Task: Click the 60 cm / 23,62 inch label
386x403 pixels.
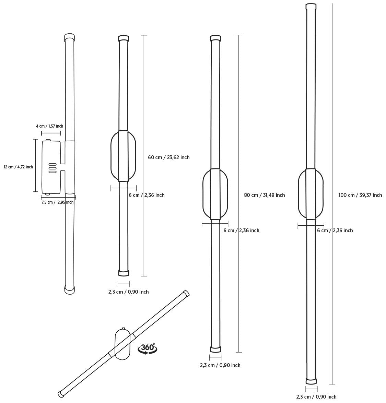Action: (168, 157)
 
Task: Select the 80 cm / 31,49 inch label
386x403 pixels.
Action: (264, 195)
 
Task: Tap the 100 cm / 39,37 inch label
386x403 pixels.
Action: (360, 195)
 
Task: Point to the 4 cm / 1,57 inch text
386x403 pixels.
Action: (49, 126)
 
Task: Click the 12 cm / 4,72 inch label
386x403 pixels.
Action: (18, 167)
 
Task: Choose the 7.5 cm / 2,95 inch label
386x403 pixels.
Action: (57, 202)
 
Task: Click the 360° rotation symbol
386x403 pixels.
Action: (148, 348)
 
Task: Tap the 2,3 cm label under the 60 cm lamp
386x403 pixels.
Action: (128, 292)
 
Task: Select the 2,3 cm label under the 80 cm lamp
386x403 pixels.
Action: (220, 365)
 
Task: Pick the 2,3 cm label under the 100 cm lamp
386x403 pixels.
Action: (316, 397)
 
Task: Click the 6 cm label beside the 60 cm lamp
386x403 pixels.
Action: (147, 195)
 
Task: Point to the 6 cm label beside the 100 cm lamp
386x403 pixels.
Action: (335, 230)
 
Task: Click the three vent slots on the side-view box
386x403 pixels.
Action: (52, 168)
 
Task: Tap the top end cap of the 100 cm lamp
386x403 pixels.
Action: (311, 7)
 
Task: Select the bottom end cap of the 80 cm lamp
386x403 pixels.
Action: (215, 349)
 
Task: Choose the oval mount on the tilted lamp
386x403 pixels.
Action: (122, 344)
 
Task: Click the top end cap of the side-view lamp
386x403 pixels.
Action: (69, 37)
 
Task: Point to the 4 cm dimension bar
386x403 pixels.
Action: (51, 133)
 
